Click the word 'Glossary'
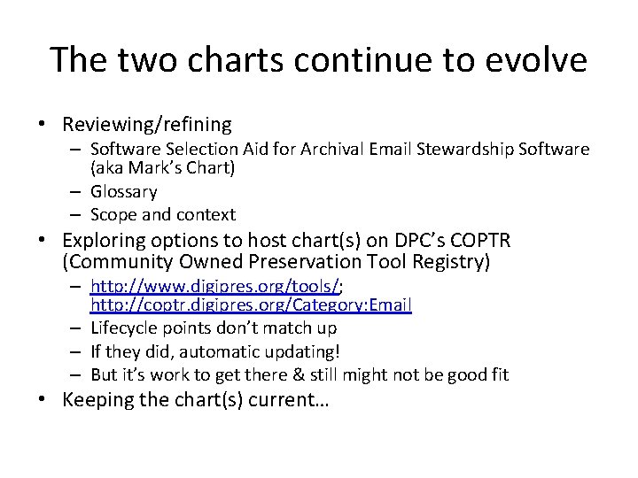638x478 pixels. [124, 191]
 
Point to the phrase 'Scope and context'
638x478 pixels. [163, 214]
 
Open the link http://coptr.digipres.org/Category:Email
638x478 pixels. [251, 305]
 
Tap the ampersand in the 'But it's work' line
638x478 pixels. [309, 374]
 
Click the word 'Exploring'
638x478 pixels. [103, 241]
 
